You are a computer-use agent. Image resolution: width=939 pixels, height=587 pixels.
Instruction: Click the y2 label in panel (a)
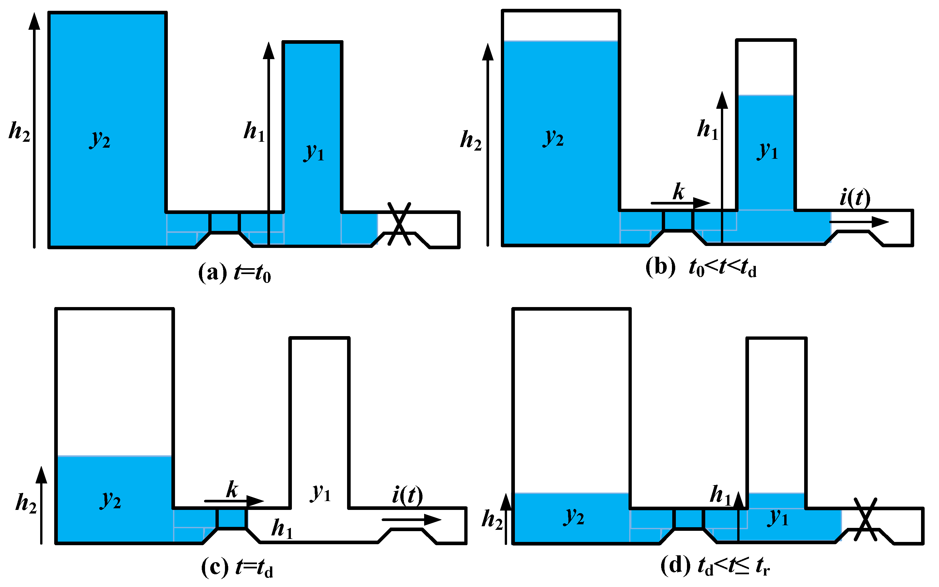[x=100, y=139]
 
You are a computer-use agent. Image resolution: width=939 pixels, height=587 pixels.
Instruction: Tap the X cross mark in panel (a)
[x=399, y=224]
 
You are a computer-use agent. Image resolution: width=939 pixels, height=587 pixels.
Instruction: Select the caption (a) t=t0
[x=234, y=273]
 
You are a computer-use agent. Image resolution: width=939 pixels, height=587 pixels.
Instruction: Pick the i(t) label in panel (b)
[x=855, y=198]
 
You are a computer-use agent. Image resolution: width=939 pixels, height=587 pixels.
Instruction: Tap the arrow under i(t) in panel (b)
[x=859, y=222]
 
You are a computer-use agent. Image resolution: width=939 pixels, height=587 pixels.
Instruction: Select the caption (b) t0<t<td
[x=701, y=268]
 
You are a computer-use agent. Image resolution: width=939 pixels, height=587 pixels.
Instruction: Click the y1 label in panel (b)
[x=768, y=150]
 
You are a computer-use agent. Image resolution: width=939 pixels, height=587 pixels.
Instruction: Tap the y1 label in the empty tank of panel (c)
[x=321, y=493]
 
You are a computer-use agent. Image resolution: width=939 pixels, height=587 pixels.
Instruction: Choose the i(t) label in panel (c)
[x=407, y=496]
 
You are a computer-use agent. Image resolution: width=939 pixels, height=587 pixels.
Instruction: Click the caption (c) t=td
[x=237, y=568]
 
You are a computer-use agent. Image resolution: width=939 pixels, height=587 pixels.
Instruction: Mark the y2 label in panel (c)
[x=111, y=500]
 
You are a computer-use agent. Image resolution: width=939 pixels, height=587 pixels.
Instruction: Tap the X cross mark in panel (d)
[x=865, y=519]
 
